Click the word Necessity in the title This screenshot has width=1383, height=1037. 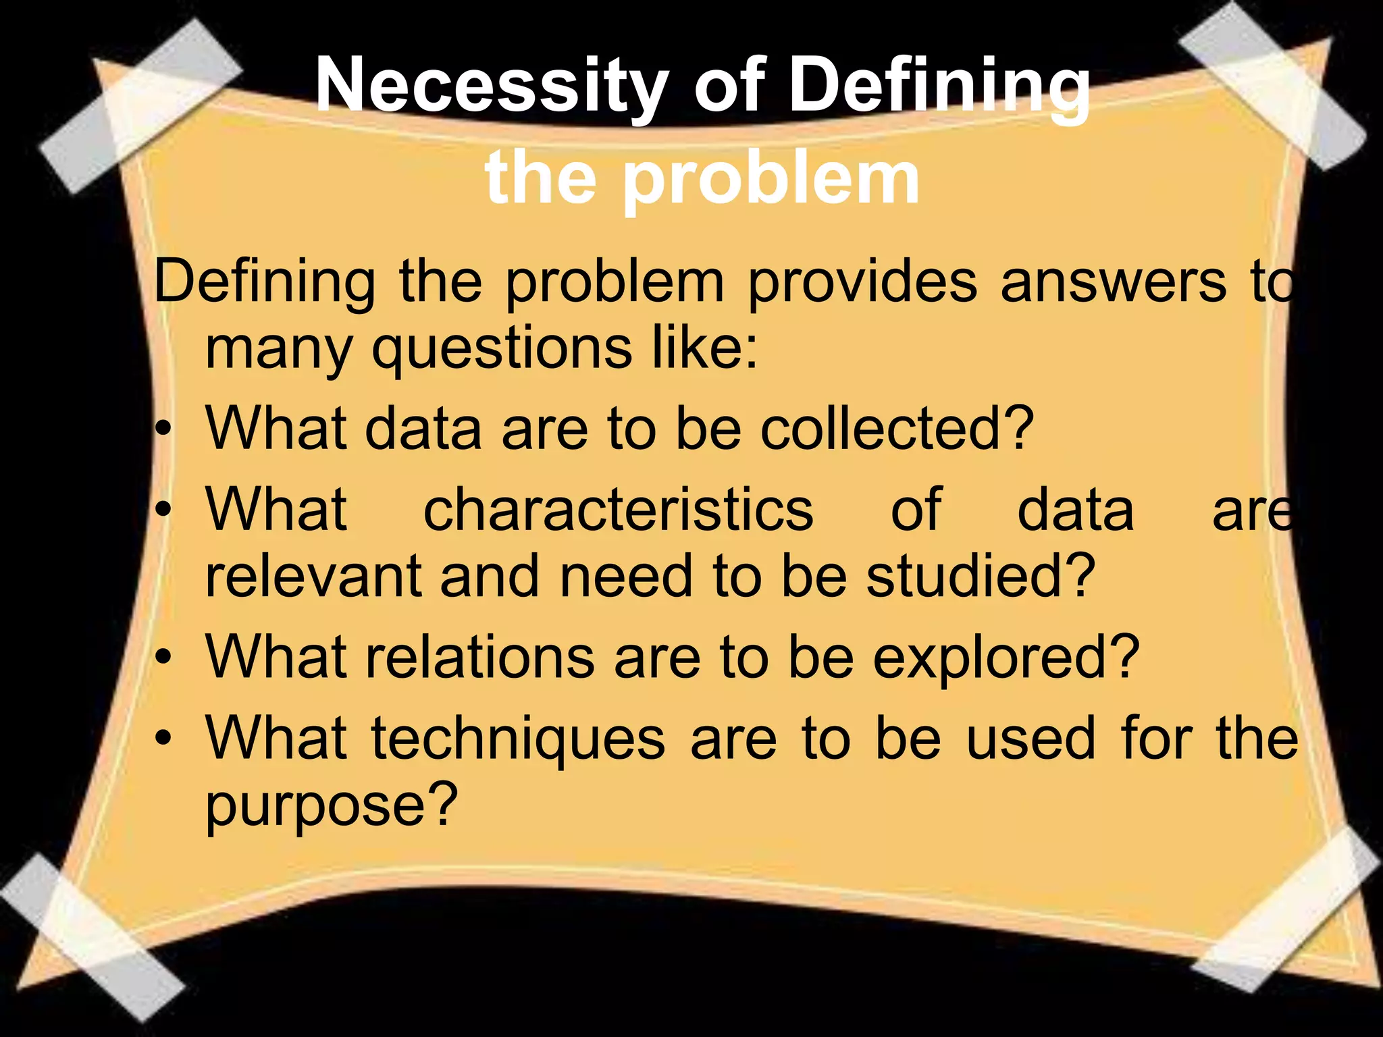point(492,86)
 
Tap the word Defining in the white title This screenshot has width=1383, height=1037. point(939,86)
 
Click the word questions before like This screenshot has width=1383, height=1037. point(502,350)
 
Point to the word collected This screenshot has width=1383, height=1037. point(897,429)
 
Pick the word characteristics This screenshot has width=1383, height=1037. point(619,510)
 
